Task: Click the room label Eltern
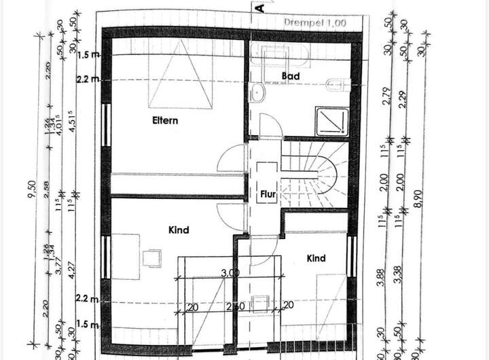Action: pos(165,121)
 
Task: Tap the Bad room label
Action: pos(291,76)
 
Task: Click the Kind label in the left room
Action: pos(178,230)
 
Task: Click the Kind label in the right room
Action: pos(316,258)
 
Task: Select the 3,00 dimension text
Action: pos(230,273)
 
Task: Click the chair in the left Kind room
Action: pos(152,257)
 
